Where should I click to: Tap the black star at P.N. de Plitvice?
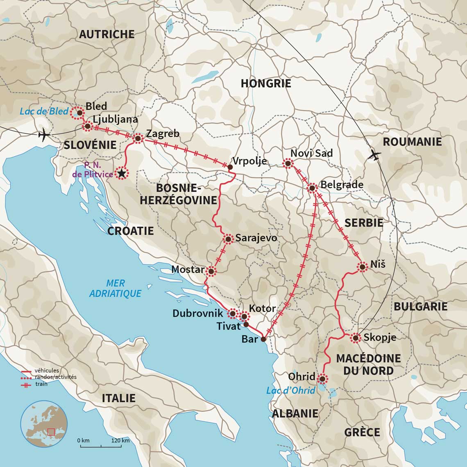121,174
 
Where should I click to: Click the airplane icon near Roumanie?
374,155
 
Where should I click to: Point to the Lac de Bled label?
44,111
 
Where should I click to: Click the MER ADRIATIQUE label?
115,288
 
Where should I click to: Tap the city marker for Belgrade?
312,188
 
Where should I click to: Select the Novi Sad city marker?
288,164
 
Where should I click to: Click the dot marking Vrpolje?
230,167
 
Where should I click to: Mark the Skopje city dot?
355,338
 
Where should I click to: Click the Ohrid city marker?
322,379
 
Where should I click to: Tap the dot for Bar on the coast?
263,339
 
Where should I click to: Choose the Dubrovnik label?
198,313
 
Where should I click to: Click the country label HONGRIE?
265,84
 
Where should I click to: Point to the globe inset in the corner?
44,424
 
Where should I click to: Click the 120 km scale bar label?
120,440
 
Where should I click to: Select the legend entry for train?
41,384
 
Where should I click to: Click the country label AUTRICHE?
107,34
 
